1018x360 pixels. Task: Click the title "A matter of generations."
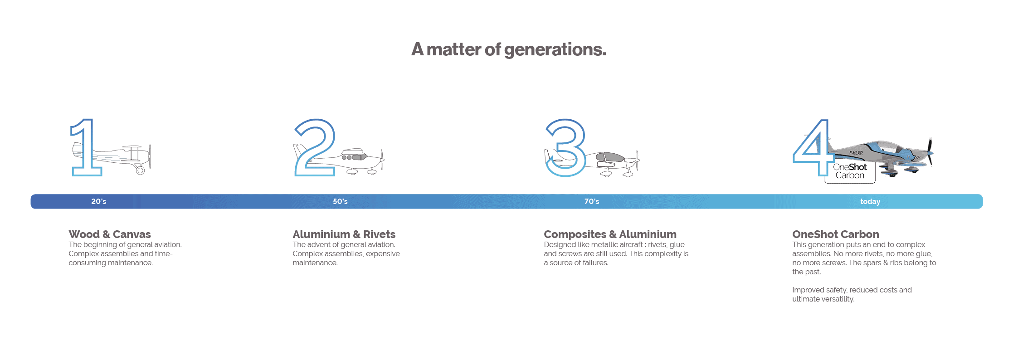pos(508,49)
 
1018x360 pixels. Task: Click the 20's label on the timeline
pos(98,201)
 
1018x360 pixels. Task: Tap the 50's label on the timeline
pos(340,201)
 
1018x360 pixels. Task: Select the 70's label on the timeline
pos(592,201)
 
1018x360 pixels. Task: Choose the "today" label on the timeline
pos(870,201)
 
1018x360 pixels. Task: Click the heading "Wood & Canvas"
pos(110,234)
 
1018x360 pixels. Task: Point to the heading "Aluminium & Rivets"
pos(344,234)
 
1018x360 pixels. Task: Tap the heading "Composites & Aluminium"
pos(610,234)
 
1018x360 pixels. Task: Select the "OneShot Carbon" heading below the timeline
pos(835,234)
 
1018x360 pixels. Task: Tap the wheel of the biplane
pos(140,170)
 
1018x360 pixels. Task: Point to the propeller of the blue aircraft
pos(929,152)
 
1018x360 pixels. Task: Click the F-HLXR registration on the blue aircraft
pos(856,153)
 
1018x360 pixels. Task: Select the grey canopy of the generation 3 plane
pos(610,157)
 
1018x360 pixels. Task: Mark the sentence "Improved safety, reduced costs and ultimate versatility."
pos(852,294)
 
